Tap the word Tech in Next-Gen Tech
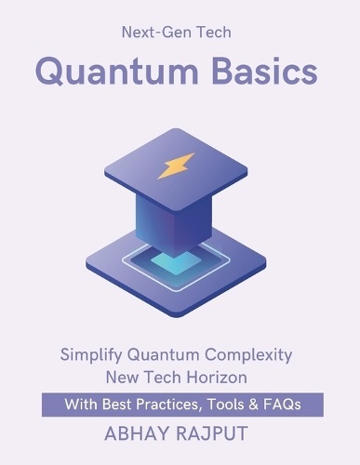[x=214, y=33]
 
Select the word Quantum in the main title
[x=117, y=72]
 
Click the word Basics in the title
[x=265, y=71]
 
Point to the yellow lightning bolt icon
[x=177, y=166]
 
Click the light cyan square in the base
[x=176, y=262]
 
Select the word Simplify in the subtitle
[x=91, y=355]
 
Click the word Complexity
[x=248, y=355]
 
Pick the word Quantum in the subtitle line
[x=164, y=355]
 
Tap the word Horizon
[x=217, y=378]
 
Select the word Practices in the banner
[x=168, y=405]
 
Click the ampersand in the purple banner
[x=254, y=405]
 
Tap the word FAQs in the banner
[x=282, y=405]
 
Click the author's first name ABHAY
[x=138, y=433]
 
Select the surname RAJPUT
[x=212, y=433]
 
